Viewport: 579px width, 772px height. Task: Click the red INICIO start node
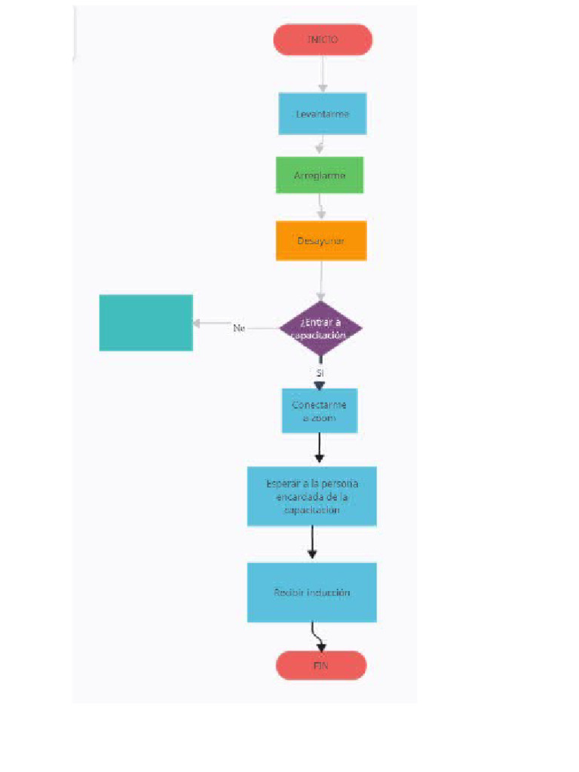point(323,40)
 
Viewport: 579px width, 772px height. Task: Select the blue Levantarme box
point(323,114)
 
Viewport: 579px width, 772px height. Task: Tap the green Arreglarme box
point(320,175)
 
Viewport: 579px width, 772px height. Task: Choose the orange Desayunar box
point(321,240)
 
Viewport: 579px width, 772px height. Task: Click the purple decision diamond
point(320,329)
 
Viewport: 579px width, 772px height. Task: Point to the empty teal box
point(146,323)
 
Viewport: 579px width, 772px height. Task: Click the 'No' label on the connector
point(239,328)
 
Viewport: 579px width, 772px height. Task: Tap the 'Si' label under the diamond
point(320,373)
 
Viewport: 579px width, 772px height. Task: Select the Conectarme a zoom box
point(320,411)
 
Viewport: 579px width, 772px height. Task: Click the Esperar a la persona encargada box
point(311,496)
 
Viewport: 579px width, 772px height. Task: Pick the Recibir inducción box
point(311,593)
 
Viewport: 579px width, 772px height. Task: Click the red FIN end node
point(321,666)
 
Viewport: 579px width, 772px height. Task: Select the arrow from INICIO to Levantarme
point(323,74)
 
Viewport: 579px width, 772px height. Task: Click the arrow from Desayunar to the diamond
point(321,280)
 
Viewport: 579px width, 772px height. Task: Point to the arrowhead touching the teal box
point(197,323)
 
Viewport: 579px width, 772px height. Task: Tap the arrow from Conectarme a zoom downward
point(320,448)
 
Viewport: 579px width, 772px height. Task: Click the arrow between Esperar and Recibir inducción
point(311,543)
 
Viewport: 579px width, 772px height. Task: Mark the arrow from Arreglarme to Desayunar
point(321,207)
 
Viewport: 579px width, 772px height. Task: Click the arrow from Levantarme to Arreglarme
point(320,146)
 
